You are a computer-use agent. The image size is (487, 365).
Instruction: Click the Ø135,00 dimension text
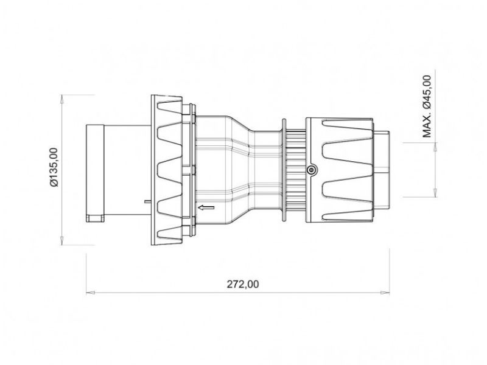tap(53, 167)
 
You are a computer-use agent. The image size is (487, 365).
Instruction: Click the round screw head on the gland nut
tap(311, 171)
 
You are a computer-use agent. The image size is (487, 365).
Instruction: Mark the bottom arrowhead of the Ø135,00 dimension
tap(63, 241)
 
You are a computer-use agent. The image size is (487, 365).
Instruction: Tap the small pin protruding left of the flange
tap(146, 200)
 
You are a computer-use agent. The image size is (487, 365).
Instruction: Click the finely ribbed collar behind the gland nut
tap(295, 171)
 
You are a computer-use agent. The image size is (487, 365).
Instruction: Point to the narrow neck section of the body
tap(265, 170)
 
